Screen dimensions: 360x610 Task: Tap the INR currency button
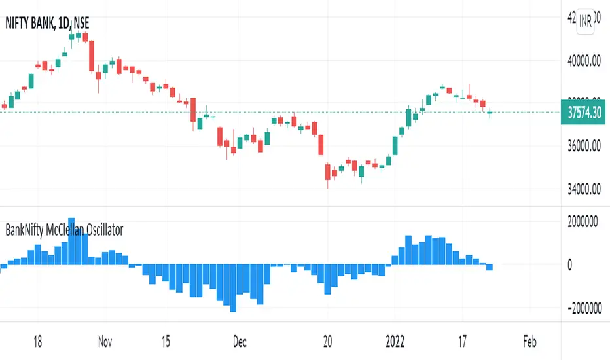pos(584,22)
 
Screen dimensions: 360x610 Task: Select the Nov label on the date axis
pos(105,342)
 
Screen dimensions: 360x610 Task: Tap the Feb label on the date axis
pos(529,342)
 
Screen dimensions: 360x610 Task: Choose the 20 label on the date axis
pos(329,342)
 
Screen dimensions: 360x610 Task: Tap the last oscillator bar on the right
pos(490,267)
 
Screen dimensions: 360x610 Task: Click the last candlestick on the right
pos(490,114)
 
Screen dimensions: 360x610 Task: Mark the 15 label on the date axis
pos(166,342)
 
